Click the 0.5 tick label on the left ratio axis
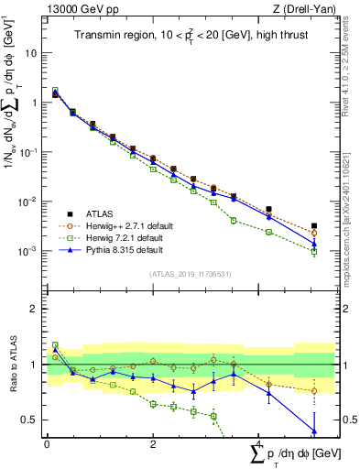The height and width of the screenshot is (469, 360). [31, 420]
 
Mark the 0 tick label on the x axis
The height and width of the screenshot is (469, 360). [47, 443]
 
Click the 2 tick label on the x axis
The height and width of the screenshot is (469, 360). [153, 443]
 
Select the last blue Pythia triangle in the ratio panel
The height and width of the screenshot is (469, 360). [314, 431]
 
